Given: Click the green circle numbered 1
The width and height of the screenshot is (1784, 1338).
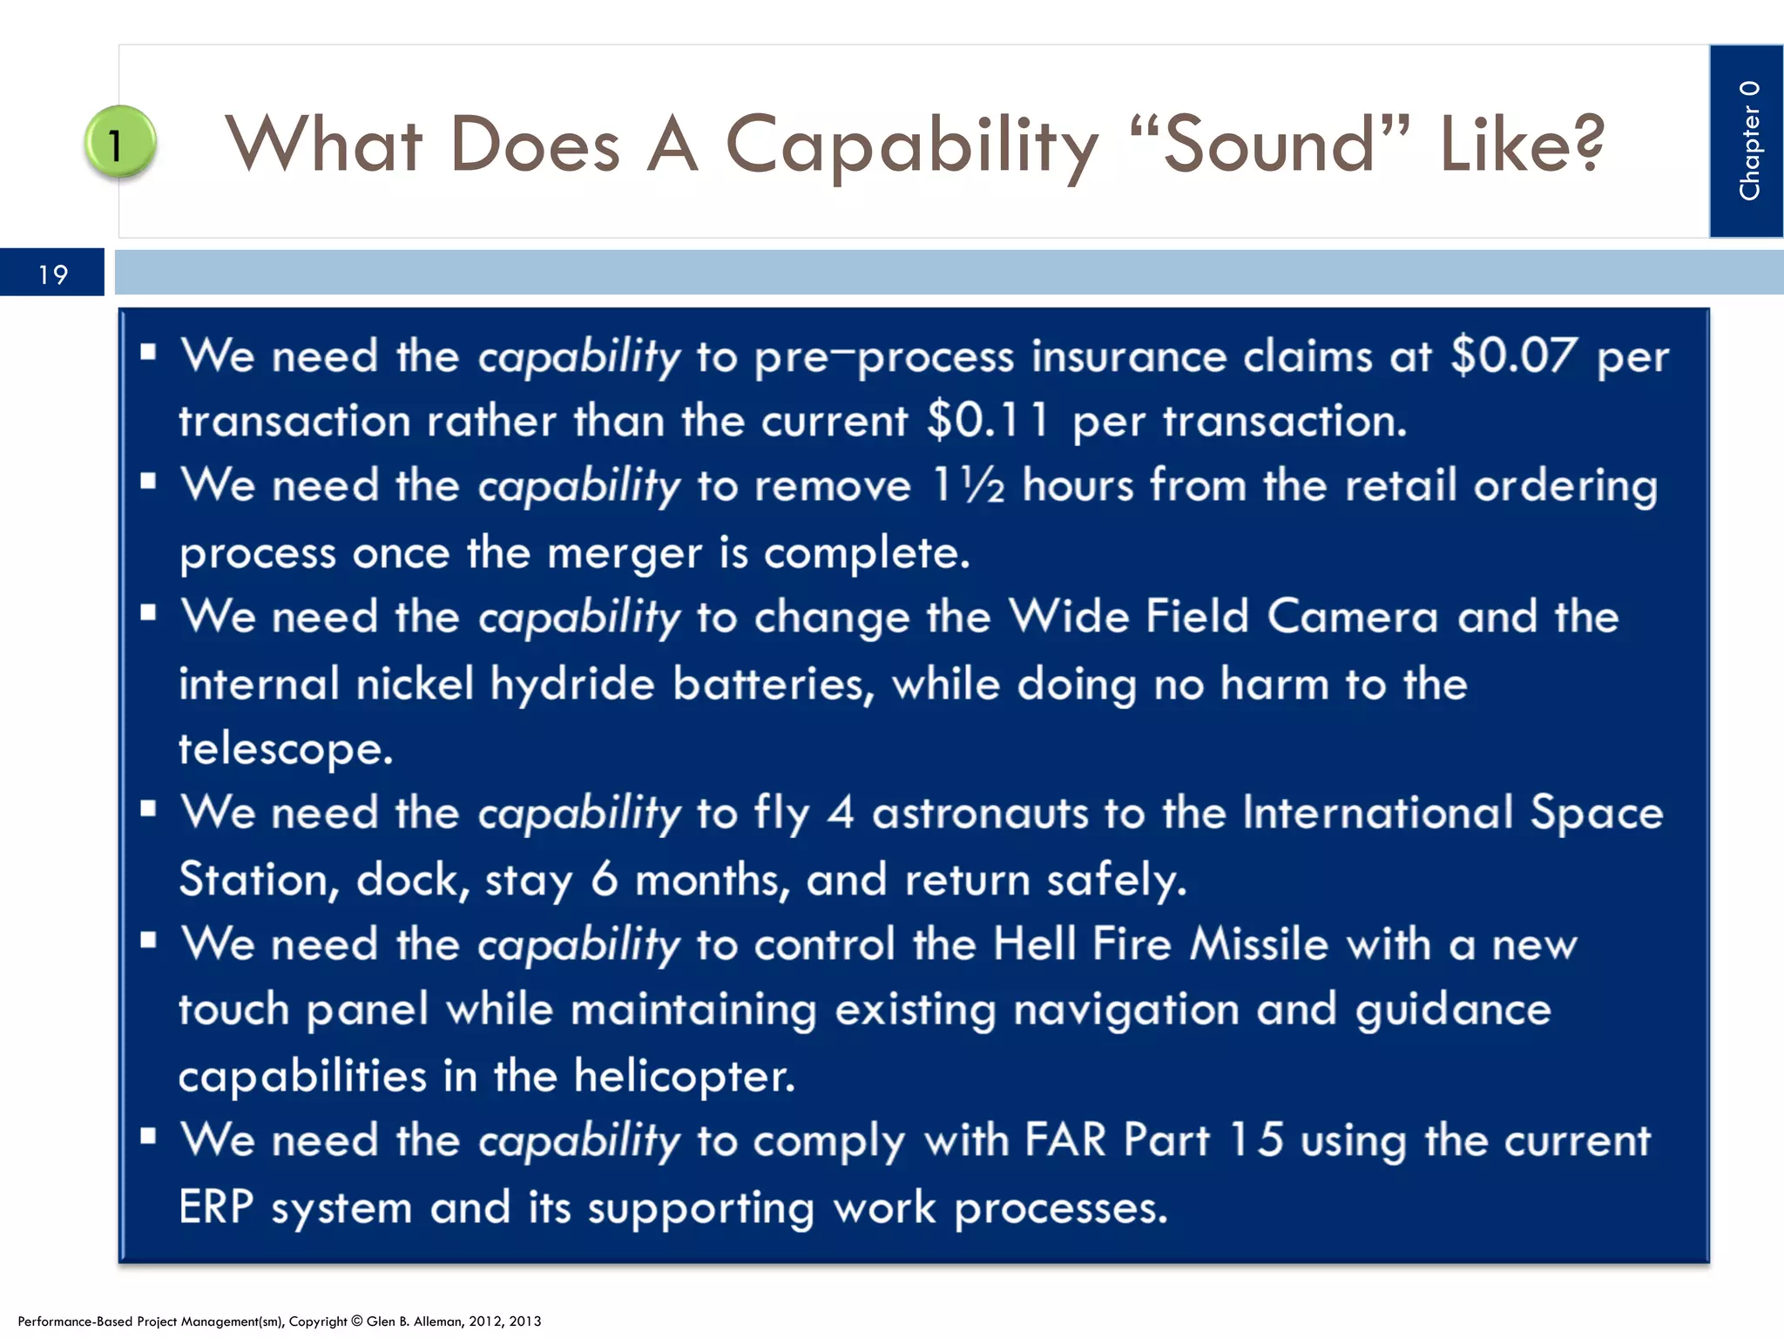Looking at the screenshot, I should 119,142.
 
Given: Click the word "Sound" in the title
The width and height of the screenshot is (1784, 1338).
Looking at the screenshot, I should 1268,145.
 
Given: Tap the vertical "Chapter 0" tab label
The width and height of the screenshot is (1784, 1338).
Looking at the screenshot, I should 1748,140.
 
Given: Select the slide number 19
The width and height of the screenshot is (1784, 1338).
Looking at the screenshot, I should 52,275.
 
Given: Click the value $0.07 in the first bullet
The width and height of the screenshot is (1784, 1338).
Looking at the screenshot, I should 1513,356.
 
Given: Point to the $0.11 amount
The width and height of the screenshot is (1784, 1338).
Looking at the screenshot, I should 987,421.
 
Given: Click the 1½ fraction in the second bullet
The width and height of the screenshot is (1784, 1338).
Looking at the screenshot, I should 968,485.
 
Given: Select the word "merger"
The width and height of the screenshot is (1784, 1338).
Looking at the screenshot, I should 624,553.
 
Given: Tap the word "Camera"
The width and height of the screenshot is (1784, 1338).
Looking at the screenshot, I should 1352,617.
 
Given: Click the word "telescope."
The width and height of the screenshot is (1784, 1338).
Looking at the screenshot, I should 286,748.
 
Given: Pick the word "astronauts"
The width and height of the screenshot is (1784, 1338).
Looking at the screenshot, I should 980,814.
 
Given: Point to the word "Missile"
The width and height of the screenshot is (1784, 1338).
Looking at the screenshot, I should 1259,944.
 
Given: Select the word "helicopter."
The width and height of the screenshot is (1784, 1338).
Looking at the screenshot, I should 684,1077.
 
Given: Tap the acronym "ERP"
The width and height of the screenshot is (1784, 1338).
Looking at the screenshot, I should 216,1208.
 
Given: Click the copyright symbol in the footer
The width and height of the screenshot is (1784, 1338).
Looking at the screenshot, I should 356,1321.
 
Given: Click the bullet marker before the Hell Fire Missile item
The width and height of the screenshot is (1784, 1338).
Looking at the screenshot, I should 148,940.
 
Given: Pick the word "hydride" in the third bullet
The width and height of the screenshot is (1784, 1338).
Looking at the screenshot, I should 571,684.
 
